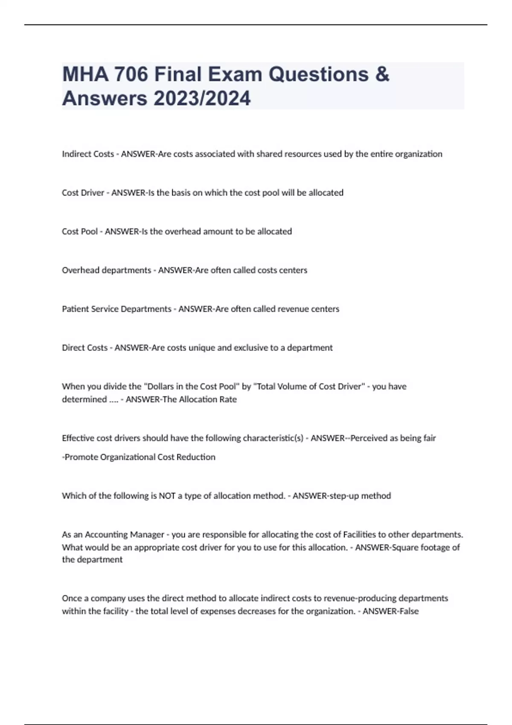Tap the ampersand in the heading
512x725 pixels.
point(382,74)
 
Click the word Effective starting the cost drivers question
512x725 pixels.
point(78,438)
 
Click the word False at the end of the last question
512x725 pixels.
point(408,611)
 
